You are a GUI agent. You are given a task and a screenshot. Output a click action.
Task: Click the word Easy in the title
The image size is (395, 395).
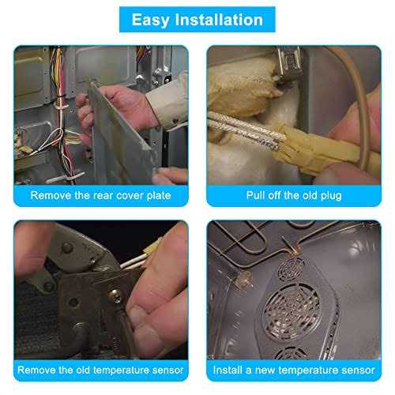[x=150, y=21]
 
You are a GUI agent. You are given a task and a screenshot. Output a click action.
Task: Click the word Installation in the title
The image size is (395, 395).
[x=219, y=20]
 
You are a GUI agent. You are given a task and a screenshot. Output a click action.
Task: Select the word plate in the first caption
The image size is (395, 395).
[x=159, y=196]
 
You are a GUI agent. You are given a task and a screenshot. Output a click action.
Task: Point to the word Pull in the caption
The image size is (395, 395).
[x=254, y=195]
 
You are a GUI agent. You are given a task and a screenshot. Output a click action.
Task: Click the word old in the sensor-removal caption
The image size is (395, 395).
[x=83, y=370]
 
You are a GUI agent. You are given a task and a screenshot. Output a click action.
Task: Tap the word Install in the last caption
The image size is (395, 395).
[x=228, y=370]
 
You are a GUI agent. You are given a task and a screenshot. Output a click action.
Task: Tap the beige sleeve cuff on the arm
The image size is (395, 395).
[x=168, y=101]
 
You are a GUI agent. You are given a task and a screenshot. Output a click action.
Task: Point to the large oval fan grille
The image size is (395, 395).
[x=292, y=312]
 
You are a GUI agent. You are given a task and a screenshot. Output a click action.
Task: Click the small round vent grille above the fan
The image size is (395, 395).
[x=292, y=269]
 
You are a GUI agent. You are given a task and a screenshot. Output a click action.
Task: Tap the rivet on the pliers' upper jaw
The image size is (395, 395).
[x=67, y=248]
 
